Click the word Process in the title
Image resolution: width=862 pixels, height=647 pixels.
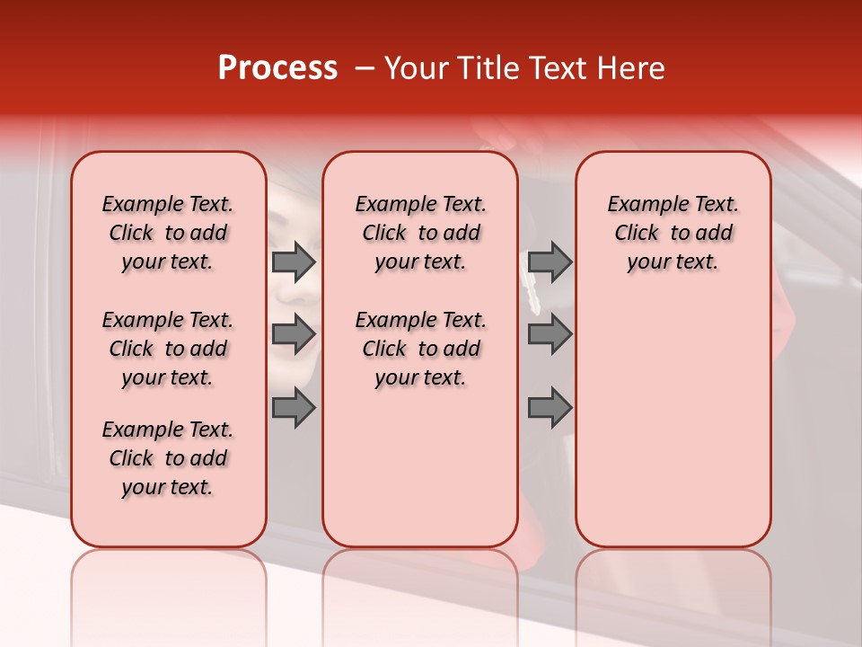(277, 68)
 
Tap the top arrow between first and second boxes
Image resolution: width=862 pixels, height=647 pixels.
(294, 261)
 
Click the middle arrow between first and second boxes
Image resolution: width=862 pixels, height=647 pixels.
(294, 334)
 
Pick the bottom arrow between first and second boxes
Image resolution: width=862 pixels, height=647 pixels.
(294, 408)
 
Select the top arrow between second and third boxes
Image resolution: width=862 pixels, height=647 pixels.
(550, 261)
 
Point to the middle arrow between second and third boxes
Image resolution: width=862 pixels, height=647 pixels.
(550, 334)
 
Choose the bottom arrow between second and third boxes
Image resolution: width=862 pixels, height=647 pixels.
(550, 408)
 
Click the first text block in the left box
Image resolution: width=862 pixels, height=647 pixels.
(168, 233)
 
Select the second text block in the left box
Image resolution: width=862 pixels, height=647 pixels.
(168, 349)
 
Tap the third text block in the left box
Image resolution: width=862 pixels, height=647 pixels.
(168, 458)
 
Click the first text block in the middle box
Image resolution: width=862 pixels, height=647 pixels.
(420, 233)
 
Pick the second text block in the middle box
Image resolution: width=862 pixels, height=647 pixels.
(420, 349)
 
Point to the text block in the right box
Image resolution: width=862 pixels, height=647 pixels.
(673, 233)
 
